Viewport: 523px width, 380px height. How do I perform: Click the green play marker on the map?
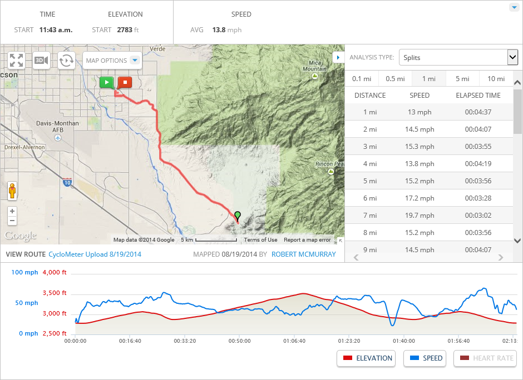[106, 82]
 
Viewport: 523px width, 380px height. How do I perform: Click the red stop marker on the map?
[125, 82]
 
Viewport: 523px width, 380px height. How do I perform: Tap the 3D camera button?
[41, 60]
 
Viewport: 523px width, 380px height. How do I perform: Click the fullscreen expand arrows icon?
[16, 60]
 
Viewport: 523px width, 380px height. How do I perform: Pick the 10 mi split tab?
[496, 79]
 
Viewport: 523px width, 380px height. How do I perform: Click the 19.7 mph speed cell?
[420, 215]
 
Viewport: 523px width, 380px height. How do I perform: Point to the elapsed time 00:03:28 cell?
[478, 198]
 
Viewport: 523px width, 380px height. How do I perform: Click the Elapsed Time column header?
[478, 95]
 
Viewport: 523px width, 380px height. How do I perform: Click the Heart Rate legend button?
[485, 358]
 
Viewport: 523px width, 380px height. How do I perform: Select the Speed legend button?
[426, 358]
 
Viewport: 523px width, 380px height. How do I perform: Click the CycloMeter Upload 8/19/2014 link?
[95, 254]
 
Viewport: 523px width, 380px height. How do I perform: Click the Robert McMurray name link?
[304, 254]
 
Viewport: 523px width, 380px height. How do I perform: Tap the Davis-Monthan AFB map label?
[57, 126]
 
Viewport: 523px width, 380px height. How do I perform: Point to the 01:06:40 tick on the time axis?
[294, 341]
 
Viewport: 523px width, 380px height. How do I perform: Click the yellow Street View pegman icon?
[12, 191]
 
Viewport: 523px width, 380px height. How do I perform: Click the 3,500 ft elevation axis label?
[55, 293]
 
